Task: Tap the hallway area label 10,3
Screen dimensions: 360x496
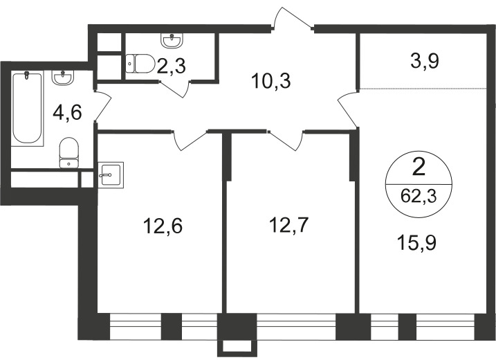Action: click(x=270, y=81)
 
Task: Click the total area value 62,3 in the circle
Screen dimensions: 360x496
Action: click(x=419, y=196)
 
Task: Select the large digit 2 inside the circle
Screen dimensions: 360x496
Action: click(x=419, y=168)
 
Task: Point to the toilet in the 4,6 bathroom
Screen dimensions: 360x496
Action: click(x=68, y=152)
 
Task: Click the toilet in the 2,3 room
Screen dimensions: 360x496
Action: click(x=140, y=64)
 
